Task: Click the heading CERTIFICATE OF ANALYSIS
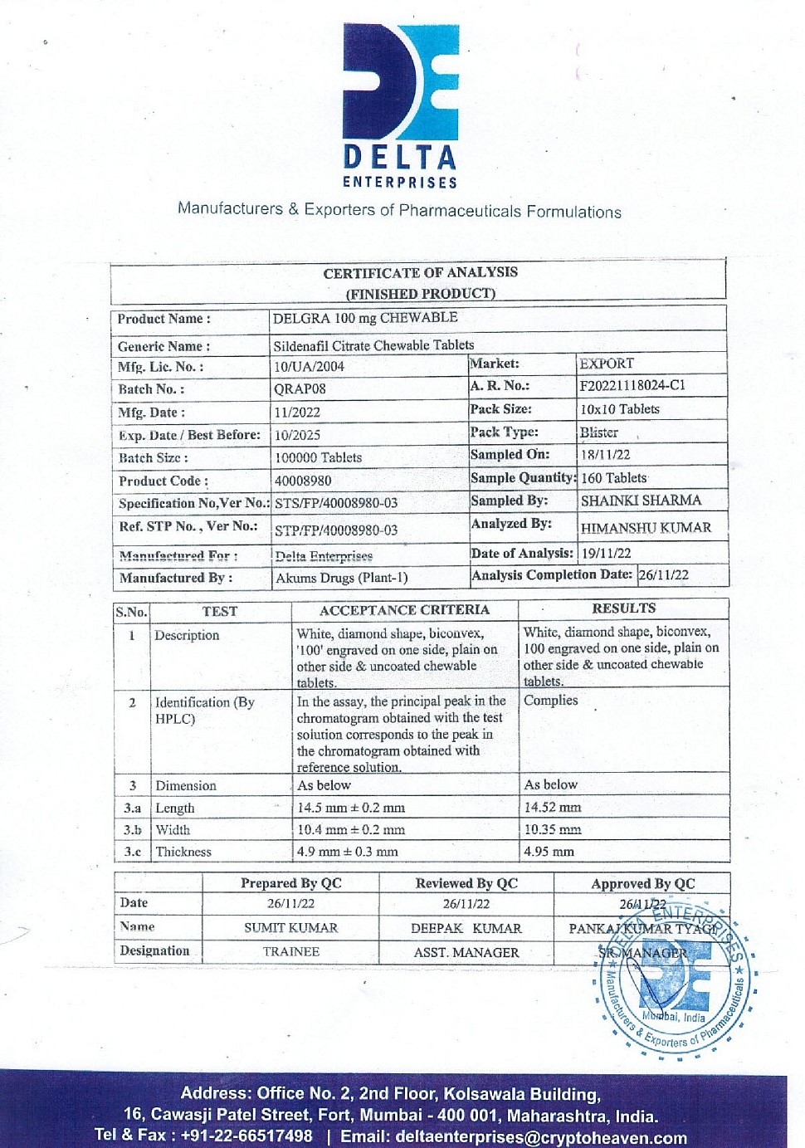pos(420,272)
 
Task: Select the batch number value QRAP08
pos(300,388)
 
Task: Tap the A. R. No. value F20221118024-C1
pos(632,385)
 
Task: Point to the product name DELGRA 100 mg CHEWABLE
pos(365,318)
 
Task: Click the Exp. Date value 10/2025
pos(297,435)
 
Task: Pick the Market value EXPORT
pos(607,364)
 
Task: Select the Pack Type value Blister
pos(598,432)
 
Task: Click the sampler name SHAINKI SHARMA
pos(641,501)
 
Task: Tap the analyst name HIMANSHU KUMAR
pos(646,528)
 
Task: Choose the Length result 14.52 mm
pos(552,807)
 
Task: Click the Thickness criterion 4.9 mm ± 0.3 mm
pos(347,852)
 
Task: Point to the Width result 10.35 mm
pos(552,829)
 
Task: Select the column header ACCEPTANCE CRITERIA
pos(404,610)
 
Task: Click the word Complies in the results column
pos(550,701)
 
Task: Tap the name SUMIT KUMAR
pos(290,928)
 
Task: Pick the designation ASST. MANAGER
pos(466,953)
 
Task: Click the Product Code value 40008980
pos(303,481)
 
